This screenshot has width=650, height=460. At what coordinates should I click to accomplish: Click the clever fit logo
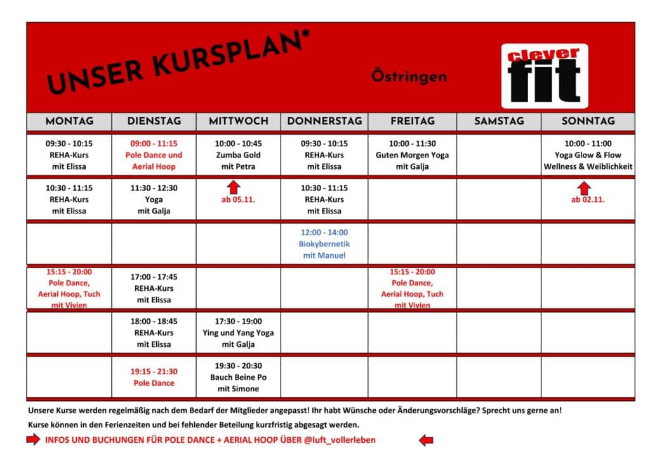[544, 76]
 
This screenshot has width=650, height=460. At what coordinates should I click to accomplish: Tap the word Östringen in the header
[409, 77]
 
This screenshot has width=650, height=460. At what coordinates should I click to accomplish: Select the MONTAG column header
[69, 121]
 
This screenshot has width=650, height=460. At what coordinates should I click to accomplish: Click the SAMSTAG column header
[499, 121]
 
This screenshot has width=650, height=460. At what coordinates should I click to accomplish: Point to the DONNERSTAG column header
[324, 121]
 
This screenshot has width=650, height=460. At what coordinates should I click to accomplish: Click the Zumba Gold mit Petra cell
[238, 155]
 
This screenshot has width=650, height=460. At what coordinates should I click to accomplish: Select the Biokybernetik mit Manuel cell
[324, 244]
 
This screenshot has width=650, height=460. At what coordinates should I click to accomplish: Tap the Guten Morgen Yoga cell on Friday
[412, 155]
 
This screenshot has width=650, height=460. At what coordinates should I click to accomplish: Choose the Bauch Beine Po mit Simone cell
[238, 377]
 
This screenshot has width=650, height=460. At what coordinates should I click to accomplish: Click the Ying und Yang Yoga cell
[238, 333]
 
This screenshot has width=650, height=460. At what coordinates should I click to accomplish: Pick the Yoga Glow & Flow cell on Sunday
[588, 155]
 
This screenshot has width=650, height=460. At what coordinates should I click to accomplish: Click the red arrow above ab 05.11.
[234, 187]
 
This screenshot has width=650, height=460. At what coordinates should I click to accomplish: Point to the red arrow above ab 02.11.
[585, 188]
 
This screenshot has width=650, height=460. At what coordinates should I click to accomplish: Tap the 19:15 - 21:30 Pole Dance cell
[154, 377]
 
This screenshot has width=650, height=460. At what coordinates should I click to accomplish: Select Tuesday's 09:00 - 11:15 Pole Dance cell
[154, 155]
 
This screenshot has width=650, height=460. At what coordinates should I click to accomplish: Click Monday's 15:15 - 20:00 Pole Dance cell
[69, 288]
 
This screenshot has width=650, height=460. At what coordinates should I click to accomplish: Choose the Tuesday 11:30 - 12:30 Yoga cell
[154, 200]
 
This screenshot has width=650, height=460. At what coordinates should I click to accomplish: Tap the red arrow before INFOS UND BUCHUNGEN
[33, 440]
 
